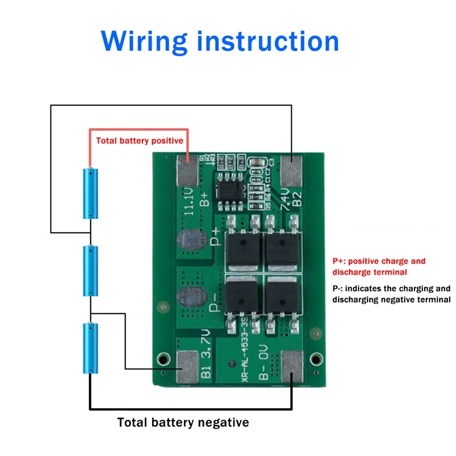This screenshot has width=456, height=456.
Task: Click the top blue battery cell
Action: coord(91,193)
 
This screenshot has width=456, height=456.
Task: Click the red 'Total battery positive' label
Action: coord(140,140)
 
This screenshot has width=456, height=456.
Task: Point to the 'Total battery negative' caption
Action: coord(183,422)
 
